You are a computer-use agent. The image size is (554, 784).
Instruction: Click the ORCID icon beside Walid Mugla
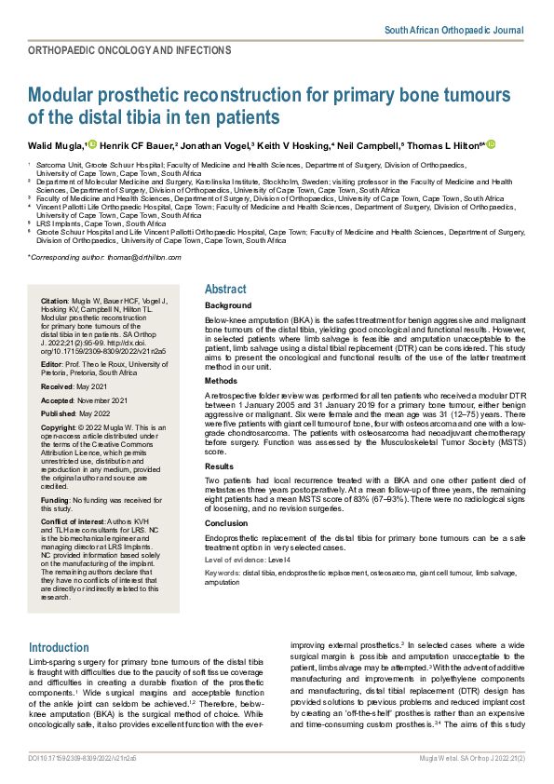coord(92,144)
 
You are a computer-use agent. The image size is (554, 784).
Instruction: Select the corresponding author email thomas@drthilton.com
coord(128,255)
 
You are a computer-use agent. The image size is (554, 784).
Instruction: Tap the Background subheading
coord(227,305)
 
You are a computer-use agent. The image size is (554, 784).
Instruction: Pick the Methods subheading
coord(221,381)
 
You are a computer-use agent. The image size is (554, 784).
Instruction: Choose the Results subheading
coord(219,466)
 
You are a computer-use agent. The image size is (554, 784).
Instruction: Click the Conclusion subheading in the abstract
coord(226,523)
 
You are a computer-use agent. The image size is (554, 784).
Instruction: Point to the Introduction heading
coord(59,647)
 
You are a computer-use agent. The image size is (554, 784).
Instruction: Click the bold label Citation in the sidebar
coord(55,302)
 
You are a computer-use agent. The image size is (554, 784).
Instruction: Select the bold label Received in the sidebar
coord(59,385)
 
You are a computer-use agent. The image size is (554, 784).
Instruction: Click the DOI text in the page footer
coord(82,760)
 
